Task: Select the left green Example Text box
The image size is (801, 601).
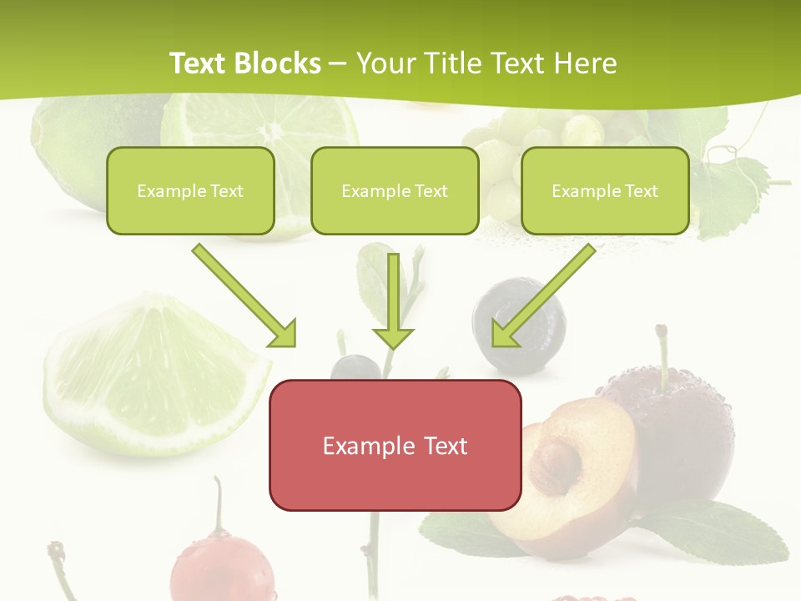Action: [x=190, y=190]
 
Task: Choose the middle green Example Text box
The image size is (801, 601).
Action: [x=395, y=190]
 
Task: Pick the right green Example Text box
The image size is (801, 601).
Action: [x=605, y=190]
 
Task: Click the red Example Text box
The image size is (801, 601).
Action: [x=395, y=445]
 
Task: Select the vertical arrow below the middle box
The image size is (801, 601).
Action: [x=393, y=300]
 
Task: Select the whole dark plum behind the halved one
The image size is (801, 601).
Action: [x=684, y=434]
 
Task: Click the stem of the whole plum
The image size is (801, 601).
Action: [x=663, y=351]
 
